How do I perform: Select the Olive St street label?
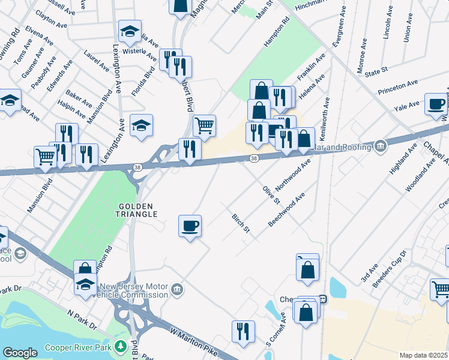click(271, 194)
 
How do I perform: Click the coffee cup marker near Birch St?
click(190, 226)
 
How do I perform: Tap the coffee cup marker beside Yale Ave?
click(435, 104)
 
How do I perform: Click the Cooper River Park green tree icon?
click(120, 346)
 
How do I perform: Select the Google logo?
click(20, 353)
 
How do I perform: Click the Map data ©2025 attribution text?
click(423, 355)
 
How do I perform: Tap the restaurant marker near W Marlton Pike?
click(243, 331)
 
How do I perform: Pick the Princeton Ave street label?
click(397, 86)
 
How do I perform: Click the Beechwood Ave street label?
click(286, 209)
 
